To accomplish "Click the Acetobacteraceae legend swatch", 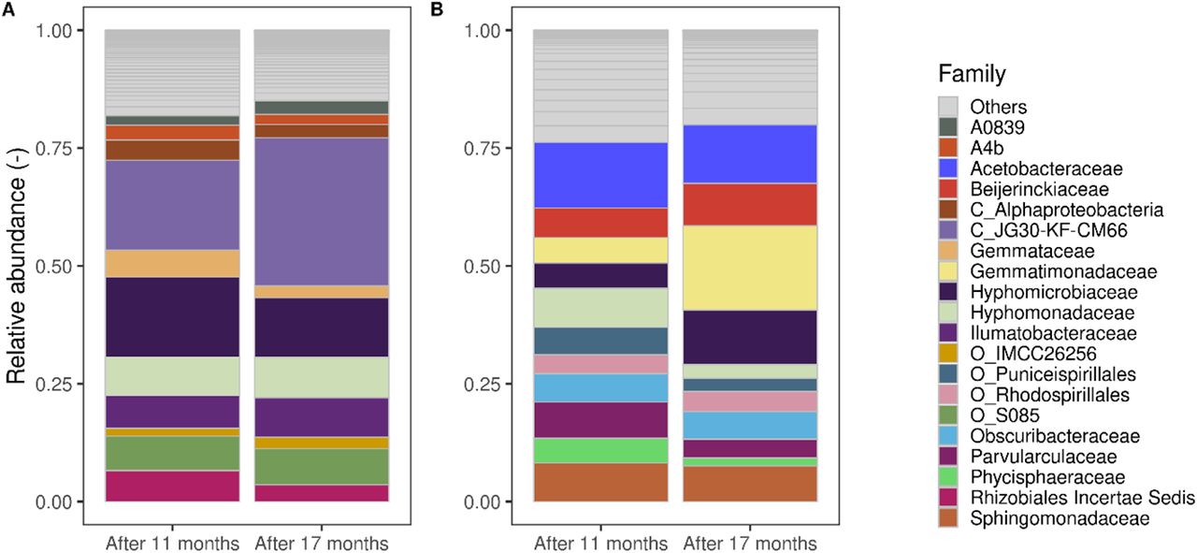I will coord(950,168).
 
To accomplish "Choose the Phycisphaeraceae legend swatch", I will coord(950,477).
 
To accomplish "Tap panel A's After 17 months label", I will coord(321,543).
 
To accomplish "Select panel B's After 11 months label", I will coord(600,543).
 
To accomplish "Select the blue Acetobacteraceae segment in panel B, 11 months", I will coord(600,175).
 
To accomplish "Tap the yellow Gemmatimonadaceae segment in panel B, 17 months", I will coord(749,268).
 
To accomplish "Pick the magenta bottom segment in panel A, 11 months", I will coord(171,486).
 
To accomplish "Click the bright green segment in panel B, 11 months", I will coord(600,450).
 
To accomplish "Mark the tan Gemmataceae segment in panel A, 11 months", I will coord(171,263).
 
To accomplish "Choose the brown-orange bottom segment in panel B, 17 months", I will coord(749,484).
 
